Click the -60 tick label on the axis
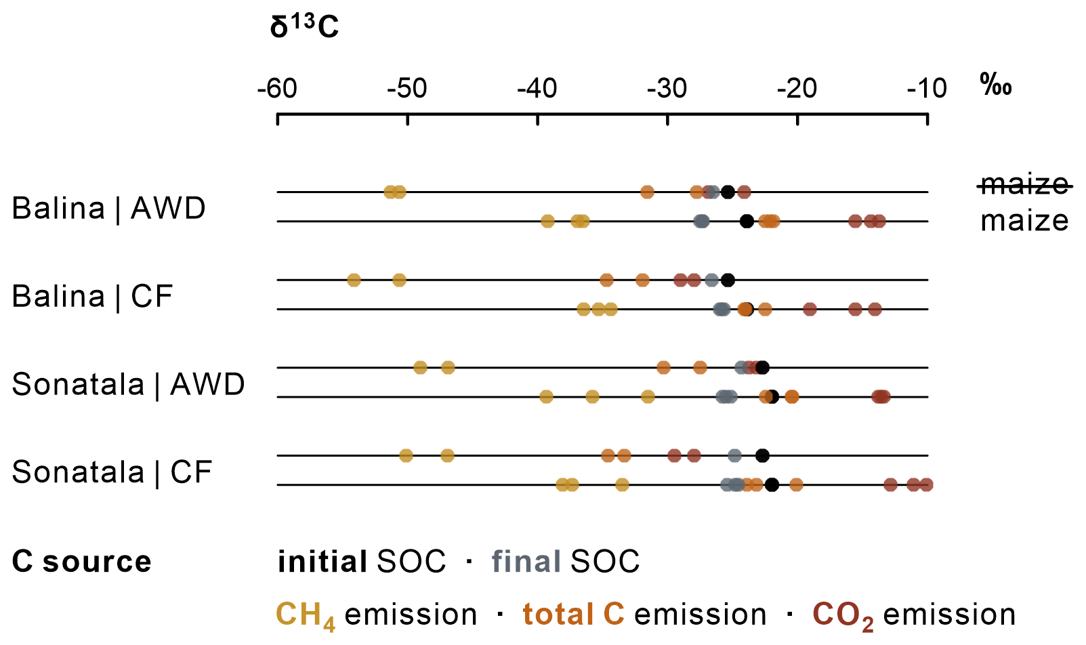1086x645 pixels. pyautogui.click(x=277, y=89)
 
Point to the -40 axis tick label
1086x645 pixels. pyautogui.click(x=537, y=89)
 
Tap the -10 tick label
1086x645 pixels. pyautogui.click(x=927, y=89)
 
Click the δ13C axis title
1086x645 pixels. pyautogui.click(x=304, y=26)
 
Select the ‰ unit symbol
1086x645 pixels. pyautogui.click(x=996, y=85)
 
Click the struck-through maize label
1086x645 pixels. pyautogui.click(x=1024, y=184)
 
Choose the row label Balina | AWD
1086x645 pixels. pyautogui.click(x=108, y=209)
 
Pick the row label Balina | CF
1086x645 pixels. pyautogui.click(x=92, y=296)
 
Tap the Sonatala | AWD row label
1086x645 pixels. pyautogui.click(x=128, y=385)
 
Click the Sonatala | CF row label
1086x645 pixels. pyautogui.click(x=112, y=472)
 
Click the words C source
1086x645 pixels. pyautogui.click(x=81, y=562)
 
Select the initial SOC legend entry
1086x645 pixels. pyautogui.click(x=361, y=562)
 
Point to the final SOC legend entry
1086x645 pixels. pyautogui.click(x=565, y=562)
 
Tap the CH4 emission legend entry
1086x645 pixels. pyautogui.click(x=377, y=616)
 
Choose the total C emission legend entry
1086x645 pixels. pyautogui.click(x=644, y=615)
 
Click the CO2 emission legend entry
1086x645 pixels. pyautogui.click(x=914, y=616)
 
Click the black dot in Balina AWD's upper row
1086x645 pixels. pyautogui.click(x=728, y=192)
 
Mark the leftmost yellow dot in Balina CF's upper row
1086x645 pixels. pyautogui.click(x=354, y=280)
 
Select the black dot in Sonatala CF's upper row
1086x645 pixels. pyautogui.click(x=762, y=455)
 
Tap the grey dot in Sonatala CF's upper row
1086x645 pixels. pyautogui.click(x=734, y=455)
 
